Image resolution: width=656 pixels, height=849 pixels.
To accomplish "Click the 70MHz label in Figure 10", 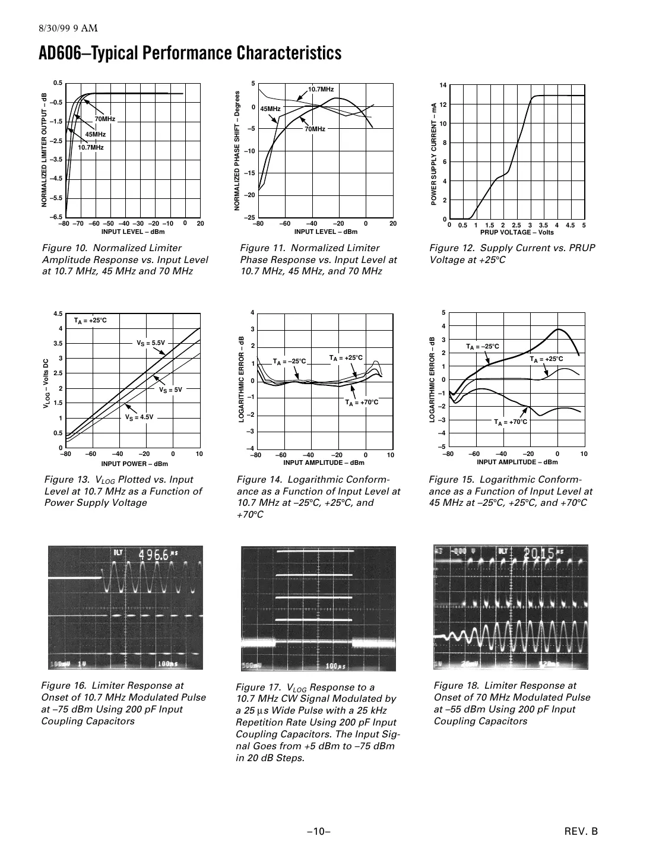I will [104, 119].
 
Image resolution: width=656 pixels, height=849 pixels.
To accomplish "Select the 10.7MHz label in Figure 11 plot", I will [321, 88].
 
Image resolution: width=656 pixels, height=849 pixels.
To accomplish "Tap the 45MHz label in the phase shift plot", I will [270, 109].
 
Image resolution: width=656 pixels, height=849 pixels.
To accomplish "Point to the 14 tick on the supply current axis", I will [442, 85].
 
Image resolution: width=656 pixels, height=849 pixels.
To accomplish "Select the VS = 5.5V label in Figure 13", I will [150, 343].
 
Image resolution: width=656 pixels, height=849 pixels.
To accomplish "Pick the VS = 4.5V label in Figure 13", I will [139, 417].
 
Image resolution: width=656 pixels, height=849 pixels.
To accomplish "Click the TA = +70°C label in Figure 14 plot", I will [362, 402].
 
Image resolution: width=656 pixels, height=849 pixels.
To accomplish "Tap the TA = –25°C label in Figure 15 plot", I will [482, 346].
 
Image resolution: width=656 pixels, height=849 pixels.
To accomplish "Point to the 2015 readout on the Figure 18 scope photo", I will [539, 553].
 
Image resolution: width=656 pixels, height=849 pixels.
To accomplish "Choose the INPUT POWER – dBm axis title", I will [134, 464].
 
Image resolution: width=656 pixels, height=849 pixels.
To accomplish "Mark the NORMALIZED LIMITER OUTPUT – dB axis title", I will [45, 150].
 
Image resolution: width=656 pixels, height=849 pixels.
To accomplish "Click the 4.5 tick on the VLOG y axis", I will [58, 313].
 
